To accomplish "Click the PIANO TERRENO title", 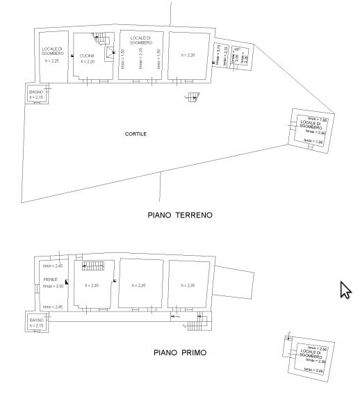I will coord(180,215).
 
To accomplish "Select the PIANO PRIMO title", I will coord(180,352).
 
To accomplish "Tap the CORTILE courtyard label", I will coord(137,134).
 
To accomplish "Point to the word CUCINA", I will coord(88,56).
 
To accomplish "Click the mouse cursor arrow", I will coord(345,289).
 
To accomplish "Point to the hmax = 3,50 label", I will coord(52,286).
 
